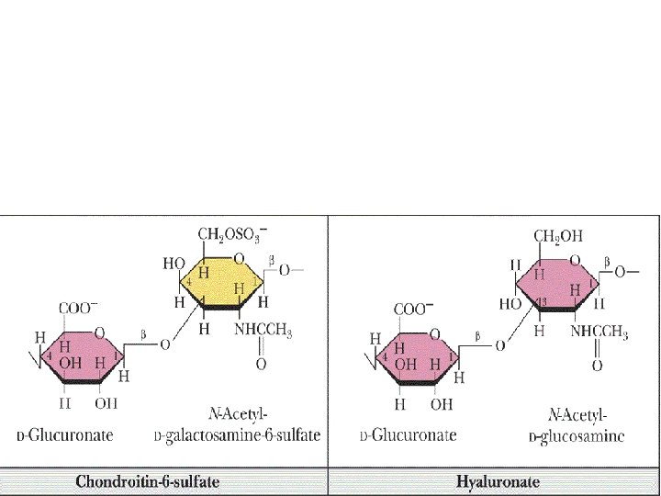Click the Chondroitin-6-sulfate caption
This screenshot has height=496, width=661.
162,480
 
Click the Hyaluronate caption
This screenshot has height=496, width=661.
497,480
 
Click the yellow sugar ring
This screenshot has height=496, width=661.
220,281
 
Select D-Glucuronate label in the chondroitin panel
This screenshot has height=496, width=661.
64,435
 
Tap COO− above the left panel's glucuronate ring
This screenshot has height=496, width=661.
79,310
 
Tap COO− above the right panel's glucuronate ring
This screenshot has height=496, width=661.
414,310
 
